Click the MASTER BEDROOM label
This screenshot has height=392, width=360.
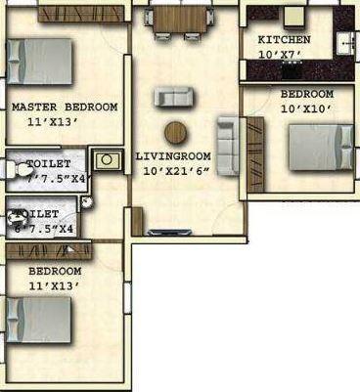pyautogui.click(x=65, y=107)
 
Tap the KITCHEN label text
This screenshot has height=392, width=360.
pyautogui.click(x=284, y=39)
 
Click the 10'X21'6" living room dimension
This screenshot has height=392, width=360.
pyautogui.click(x=176, y=171)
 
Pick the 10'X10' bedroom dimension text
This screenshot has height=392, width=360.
pyautogui.click(x=306, y=109)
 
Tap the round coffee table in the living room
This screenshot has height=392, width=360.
pyautogui.click(x=177, y=132)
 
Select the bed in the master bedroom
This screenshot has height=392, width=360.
pyautogui.click(x=41, y=63)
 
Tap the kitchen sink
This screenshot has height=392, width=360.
pyautogui.click(x=344, y=42)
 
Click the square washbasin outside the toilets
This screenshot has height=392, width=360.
pyautogui.click(x=104, y=158)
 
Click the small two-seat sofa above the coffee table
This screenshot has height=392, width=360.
pyautogui.click(x=173, y=96)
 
